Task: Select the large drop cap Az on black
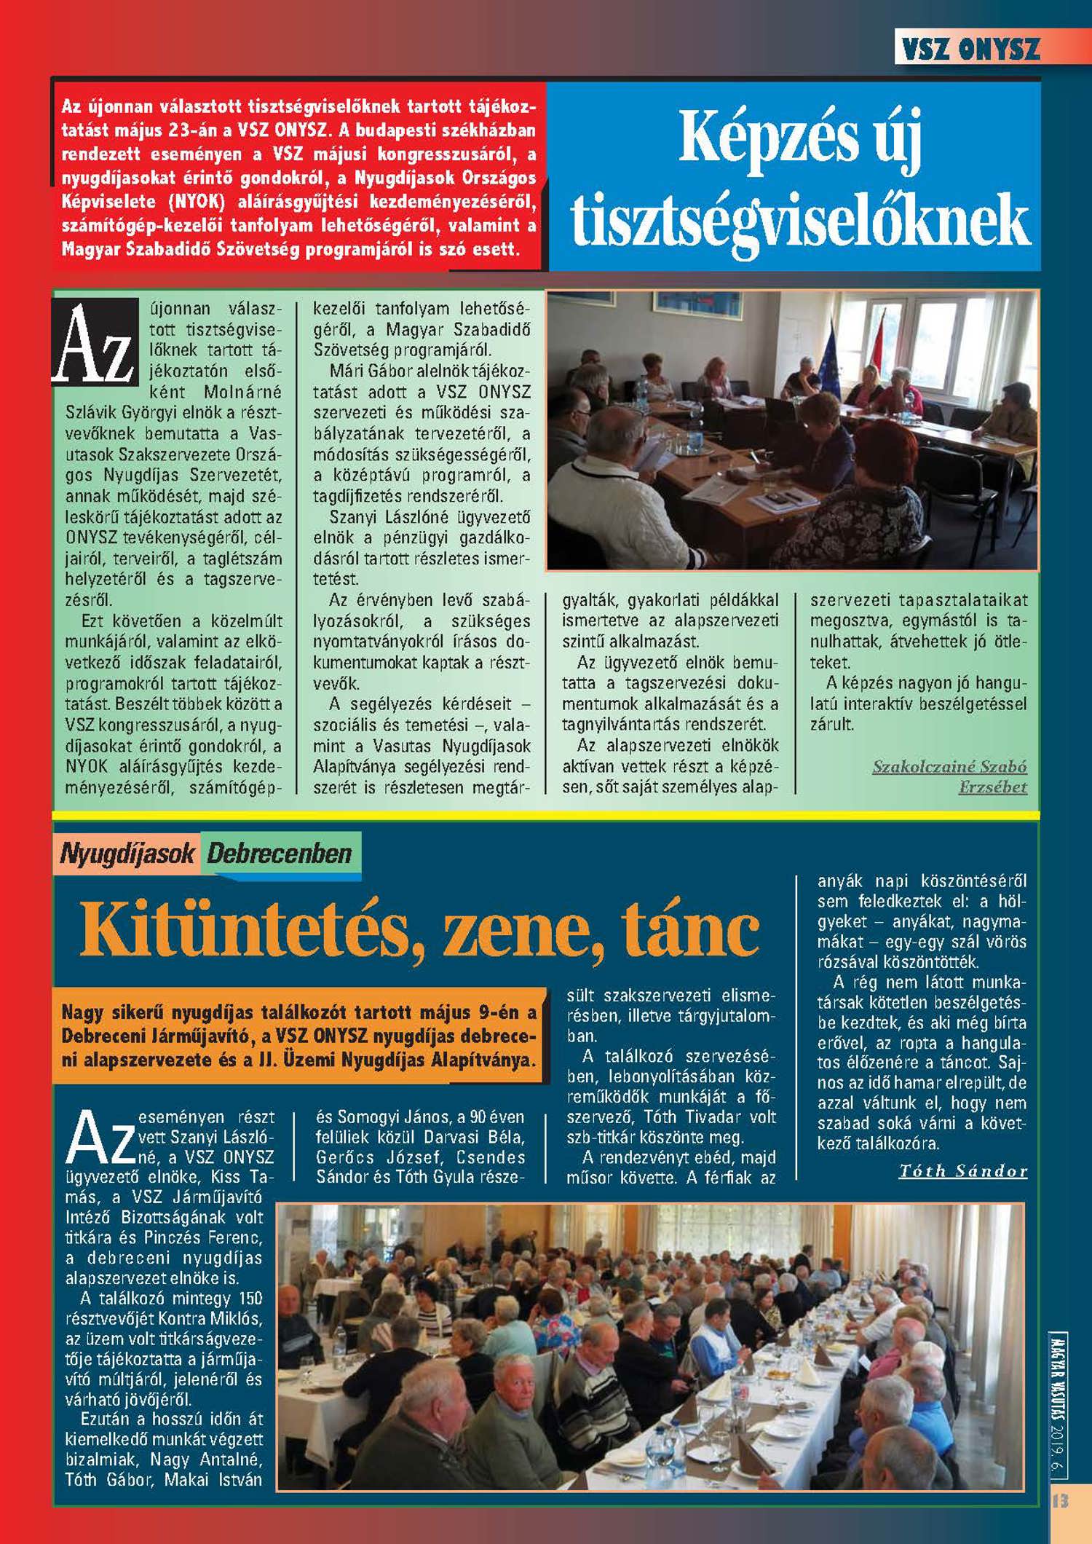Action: click(x=95, y=342)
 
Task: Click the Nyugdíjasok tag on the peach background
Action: click(x=127, y=853)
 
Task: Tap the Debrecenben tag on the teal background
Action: click(x=280, y=853)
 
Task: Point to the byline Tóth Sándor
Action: click(x=963, y=1171)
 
